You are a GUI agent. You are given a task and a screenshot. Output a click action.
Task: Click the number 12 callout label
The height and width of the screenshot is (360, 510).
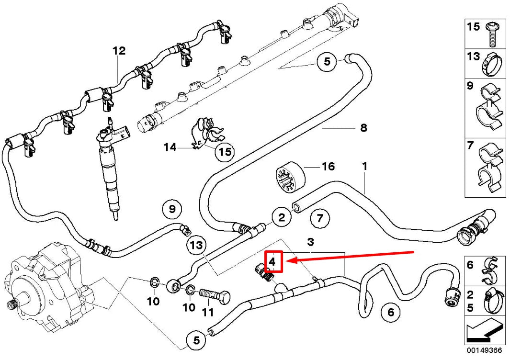(119, 51)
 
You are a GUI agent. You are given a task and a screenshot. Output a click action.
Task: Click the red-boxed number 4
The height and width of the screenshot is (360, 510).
(272, 262)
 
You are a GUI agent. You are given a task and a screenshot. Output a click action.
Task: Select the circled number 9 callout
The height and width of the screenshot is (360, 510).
(172, 209)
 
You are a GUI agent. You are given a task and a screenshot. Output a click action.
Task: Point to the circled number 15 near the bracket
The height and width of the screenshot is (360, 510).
(225, 152)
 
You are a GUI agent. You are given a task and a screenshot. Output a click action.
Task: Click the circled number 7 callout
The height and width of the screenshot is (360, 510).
(320, 219)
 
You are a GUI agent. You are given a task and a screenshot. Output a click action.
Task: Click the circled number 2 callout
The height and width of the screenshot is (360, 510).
(282, 218)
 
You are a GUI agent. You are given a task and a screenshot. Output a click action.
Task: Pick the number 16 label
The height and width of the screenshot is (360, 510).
(328, 167)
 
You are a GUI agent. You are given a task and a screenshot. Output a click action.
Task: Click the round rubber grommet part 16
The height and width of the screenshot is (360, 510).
(291, 178)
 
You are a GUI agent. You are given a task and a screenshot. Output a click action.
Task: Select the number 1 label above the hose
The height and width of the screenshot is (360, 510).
(364, 166)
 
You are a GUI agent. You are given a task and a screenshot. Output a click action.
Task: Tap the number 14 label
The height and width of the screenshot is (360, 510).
(170, 147)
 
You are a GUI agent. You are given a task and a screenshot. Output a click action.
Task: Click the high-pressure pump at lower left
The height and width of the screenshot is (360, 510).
(43, 287)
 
